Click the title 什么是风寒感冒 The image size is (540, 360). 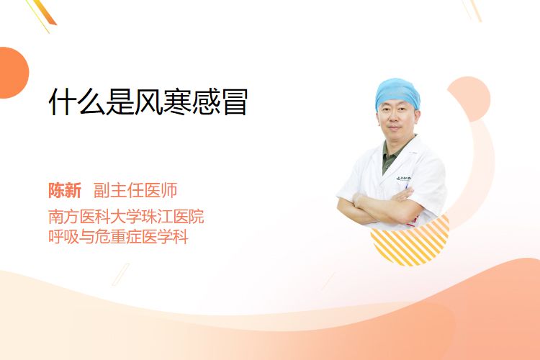click(x=148, y=102)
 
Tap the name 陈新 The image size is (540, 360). click(x=65, y=191)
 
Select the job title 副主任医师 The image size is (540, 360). click(x=135, y=191)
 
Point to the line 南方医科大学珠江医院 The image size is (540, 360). click(x=126, y=216)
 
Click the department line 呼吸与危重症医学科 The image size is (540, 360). click(x=118, y=237)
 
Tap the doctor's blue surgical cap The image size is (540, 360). click(x=397, y=93)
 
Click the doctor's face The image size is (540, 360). click(x=396, y=119)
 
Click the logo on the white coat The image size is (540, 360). click(x=403, y=178)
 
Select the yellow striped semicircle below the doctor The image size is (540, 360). click(x=410, y=241)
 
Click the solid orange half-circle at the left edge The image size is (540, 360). click(x=14, y=73)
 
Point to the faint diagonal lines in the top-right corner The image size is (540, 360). click(x=472, y=10)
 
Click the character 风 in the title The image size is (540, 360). click(x=148, y=102)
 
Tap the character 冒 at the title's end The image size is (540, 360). click(x=234, y=102)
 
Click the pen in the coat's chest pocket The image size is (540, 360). click(x=407, y=186)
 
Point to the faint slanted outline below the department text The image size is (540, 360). click(x=121, y=274)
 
